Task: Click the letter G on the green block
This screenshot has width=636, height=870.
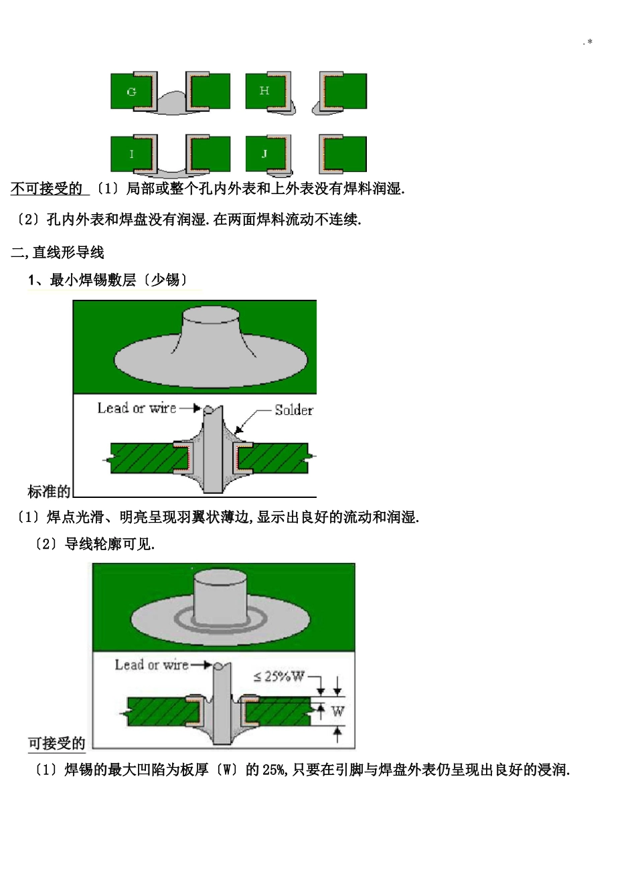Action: [x=131, y=92]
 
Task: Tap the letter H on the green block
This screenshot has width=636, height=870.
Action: [x=264, y=90]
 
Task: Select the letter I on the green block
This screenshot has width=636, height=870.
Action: [x=131, y=154]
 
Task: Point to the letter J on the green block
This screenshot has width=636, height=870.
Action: [x=264, y=154]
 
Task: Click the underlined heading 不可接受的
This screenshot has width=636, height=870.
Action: [x=47, y=189]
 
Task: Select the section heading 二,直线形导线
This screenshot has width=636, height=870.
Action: [x=58, y=252]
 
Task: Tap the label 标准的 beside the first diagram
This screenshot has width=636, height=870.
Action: [x=49, y=492]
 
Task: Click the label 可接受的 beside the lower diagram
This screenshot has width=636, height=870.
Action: [x=57, y=744]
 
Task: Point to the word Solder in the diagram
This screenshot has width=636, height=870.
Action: [x=294, y=410]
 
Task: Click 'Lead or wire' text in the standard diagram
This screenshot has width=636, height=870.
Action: [x=137, y=408]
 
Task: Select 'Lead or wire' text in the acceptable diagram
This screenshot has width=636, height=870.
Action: [x=152, y=665]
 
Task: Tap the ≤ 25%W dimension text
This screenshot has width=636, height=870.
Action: [x=279, y=677]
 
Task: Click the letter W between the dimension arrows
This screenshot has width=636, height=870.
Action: [x=337, y=711]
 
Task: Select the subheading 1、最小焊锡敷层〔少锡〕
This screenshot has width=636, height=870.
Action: [x=107, y=280]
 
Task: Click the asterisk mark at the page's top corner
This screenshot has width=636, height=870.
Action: [x=589, y=43]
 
